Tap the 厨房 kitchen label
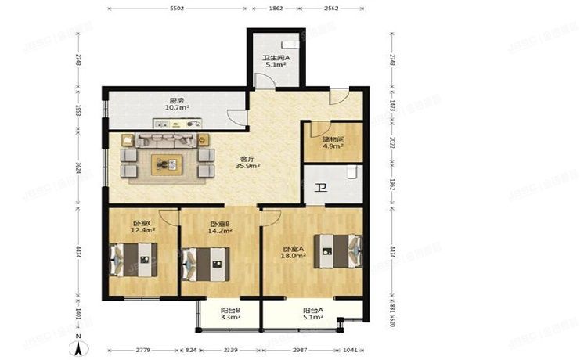(x=176, y=103)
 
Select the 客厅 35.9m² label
(x=247, y=164)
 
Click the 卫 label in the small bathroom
(x=321, y=188)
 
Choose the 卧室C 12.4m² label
(x=143, y=227)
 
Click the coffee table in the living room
(x=168, y=164)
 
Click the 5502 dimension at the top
(x=176, y=8)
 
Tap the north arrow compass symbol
(x=78, y=340)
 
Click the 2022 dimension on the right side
(x=391, y=143)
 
